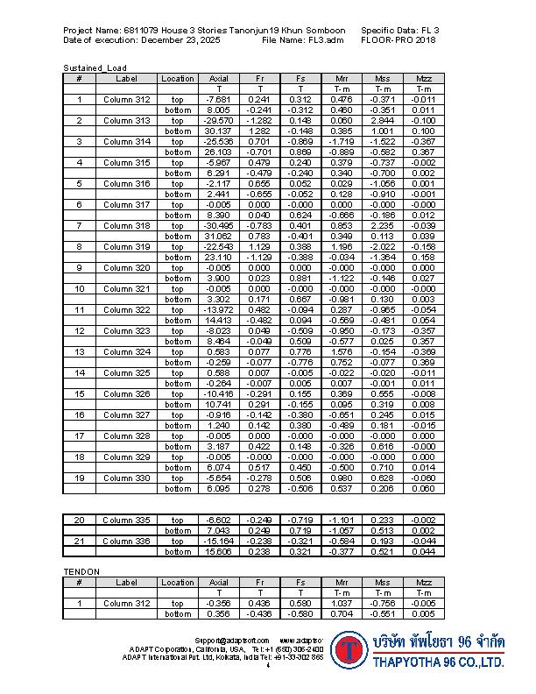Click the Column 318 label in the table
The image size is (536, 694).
(127, 226)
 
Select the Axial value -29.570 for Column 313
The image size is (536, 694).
(218, 120)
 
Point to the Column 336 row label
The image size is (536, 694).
(127, 542)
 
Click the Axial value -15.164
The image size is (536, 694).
(218, 542)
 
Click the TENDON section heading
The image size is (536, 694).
(81, 572)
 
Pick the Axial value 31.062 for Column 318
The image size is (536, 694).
(218, 237)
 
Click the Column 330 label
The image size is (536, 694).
(127, 478)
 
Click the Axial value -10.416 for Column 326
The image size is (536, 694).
(218, 394)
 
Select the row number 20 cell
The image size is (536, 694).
(79, 520)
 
